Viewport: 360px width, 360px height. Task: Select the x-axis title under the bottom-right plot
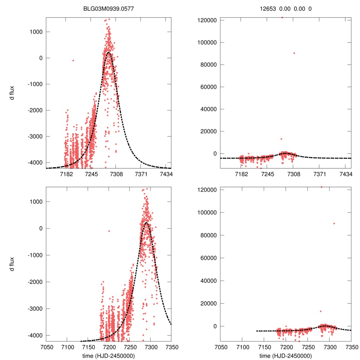tap(285, 355)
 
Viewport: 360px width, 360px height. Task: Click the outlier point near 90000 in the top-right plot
tap(294, 53)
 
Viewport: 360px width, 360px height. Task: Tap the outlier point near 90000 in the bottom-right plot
tap(334, 224)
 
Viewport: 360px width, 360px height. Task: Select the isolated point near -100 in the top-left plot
tap(73, 60)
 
